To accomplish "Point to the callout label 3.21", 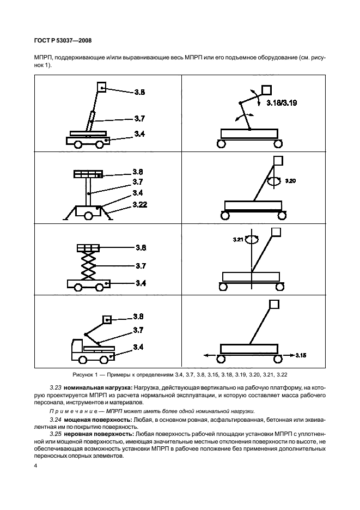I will (x=238, y=238).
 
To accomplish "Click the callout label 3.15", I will (x=300, y=355).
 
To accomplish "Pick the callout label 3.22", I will (x=140, y=205).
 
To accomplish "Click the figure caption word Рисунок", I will (x=85, y=375).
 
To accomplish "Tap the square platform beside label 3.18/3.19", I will (x=267, y=89).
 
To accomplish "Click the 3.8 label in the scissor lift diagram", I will (x=140, y=247).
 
